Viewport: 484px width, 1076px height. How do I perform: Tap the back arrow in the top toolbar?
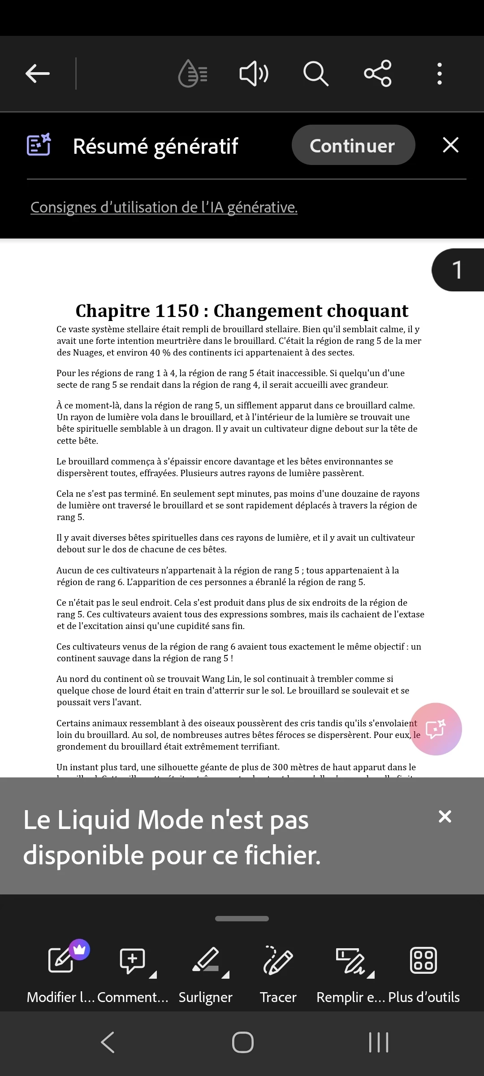pyautogui.click(x=38, y=74)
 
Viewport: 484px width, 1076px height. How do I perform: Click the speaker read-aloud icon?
pyautogui.click(x=254, y=74)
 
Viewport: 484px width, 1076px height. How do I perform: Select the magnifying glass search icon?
pyautogui.click(x=316, y=74)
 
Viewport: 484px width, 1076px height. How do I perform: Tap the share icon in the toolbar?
pyautogui.click(x=378, y=74)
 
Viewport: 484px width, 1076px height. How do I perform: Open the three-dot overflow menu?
pyautogui.click(x=440, y=74)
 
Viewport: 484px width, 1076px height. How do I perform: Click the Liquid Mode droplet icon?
pyautogui.click(x=193, y=74)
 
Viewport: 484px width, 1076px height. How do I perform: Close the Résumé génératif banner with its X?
pyautogui.click(x=450, y=145)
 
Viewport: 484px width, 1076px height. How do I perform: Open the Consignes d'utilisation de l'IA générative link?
pyautogui.click(x=164, y=208)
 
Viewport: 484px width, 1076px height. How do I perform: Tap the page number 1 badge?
pyautogui.click(x=457, y=270)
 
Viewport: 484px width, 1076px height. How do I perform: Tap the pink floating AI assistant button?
pyautogui.click(x=436, y=729)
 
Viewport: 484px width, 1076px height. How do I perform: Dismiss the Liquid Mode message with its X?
pyautogui.click(x=445, y=816)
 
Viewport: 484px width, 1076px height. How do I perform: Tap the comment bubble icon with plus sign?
pyautogui.click(x=132, y=960)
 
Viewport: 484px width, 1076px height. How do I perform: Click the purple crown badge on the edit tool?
pyautogui.click(x=79, y=949)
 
